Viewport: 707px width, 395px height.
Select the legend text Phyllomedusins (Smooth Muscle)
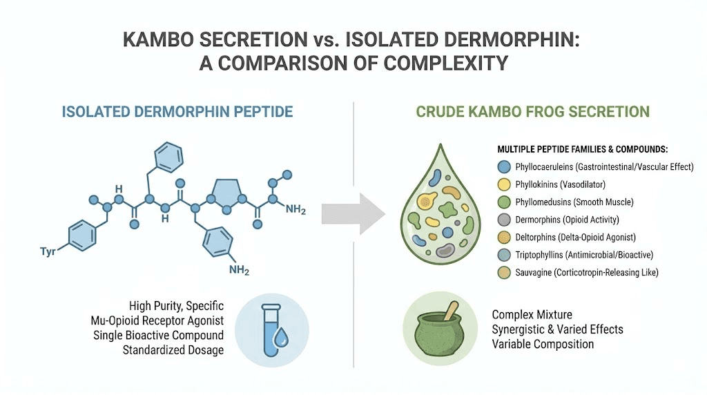(x=574, y=202)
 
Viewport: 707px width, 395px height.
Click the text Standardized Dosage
(x=173, y=349)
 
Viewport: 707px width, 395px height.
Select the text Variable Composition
(x=543, y=343)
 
